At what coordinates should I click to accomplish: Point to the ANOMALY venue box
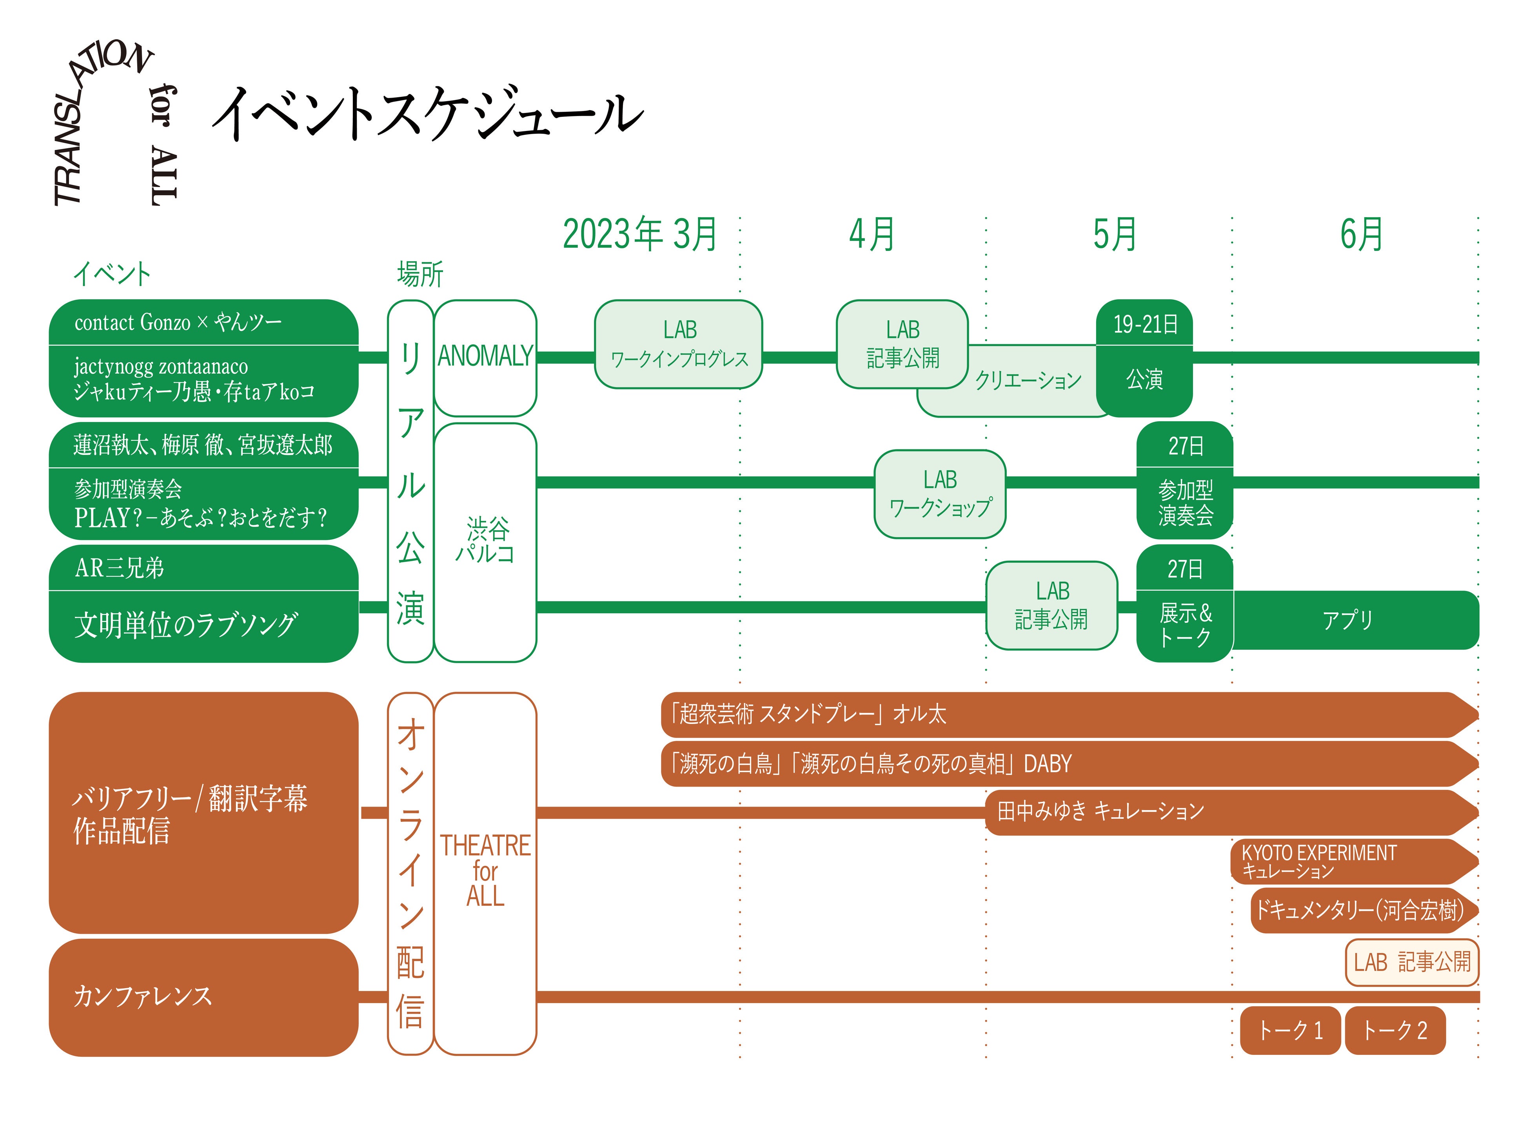tap(485, 357)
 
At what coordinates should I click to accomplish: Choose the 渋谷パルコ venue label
tap(485, 541)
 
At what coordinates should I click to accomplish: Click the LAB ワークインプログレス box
tap(679, 344)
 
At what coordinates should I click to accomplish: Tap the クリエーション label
tap(1028, 380)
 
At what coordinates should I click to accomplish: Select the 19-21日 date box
tap(1145, 324)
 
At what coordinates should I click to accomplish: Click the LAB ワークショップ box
tap(940, 494)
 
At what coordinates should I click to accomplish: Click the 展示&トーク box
tap(1185, 625)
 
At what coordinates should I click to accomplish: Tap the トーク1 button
tap(1290, 1030)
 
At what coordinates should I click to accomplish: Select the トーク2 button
tap(1395, 1030)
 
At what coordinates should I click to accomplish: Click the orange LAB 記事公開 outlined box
tap(1411, 962)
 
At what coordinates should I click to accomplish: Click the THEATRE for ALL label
tap(485, 871)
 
